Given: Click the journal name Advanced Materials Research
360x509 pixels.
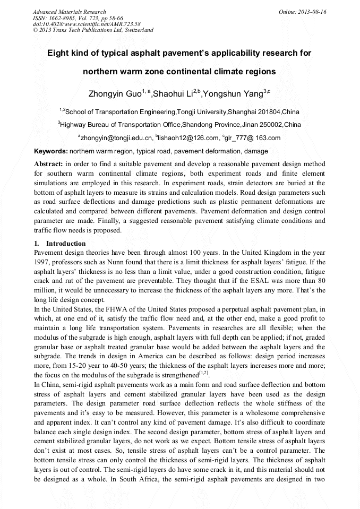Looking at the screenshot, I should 69,12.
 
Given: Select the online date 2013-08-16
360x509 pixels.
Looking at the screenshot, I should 312,12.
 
